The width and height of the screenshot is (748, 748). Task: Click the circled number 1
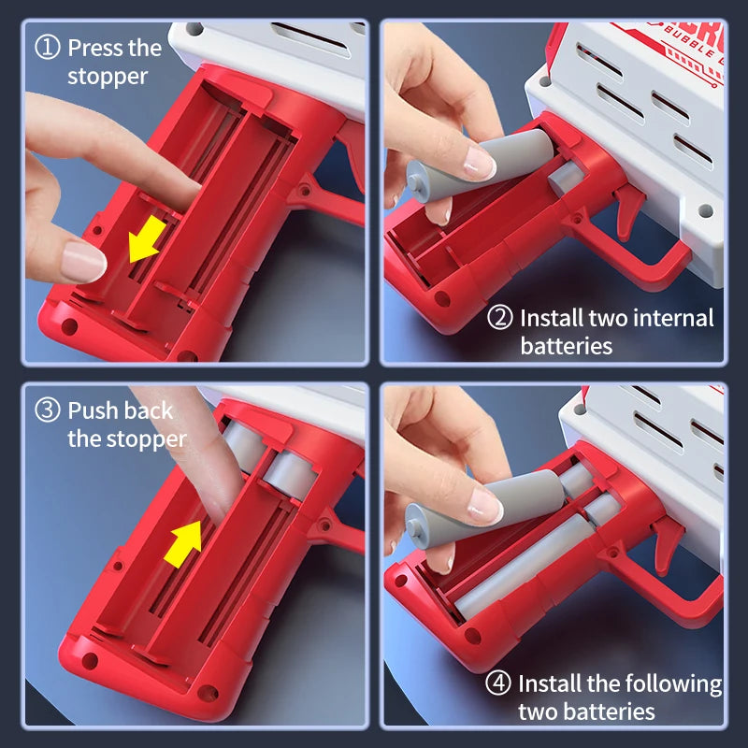48,47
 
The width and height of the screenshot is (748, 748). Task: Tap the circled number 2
500,318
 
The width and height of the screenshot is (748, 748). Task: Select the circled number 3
48,410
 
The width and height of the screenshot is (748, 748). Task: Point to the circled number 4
498,683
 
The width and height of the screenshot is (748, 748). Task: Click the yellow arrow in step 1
147,238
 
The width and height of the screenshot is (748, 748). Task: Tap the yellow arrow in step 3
183,544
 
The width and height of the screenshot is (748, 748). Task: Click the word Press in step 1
94,48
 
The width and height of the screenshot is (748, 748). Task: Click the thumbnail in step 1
82,261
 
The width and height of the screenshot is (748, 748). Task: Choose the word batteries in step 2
567,346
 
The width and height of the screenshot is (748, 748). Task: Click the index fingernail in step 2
479,162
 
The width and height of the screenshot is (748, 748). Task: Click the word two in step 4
538,712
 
